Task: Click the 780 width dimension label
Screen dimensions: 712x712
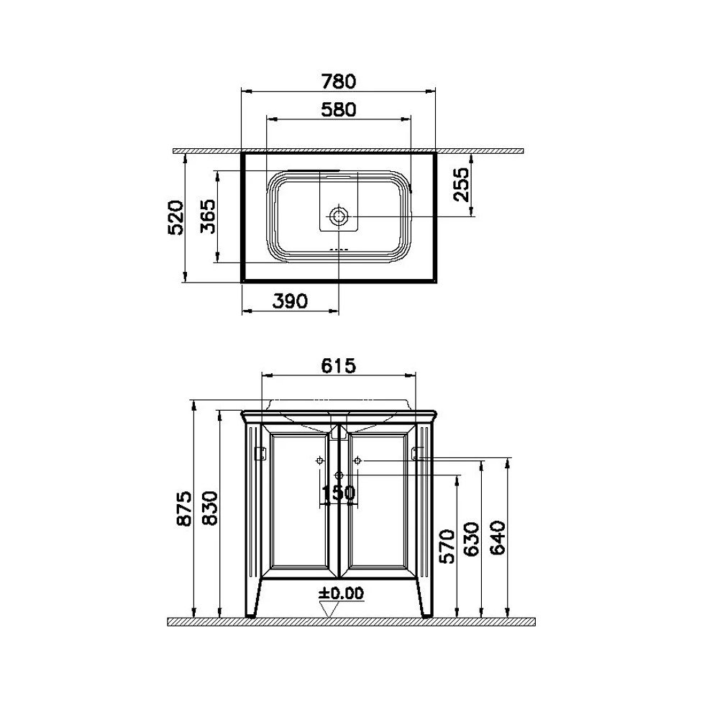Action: [x=338, y=82]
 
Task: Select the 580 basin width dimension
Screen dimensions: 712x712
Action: [x=339, y=110]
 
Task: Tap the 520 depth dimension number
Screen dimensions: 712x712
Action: [x=176, y=217]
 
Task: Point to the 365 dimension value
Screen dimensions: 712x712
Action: [x=208, y=216]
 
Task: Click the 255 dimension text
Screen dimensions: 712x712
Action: [x=461, y=184]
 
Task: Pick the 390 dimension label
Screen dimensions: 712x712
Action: [x=290, y=301]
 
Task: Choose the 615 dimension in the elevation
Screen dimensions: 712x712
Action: [x=338, y=365]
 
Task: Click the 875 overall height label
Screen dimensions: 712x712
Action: [x=184, y=508]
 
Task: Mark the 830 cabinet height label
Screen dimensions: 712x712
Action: [x=210, y=508]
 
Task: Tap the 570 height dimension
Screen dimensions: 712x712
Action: [x=447, y=547]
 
